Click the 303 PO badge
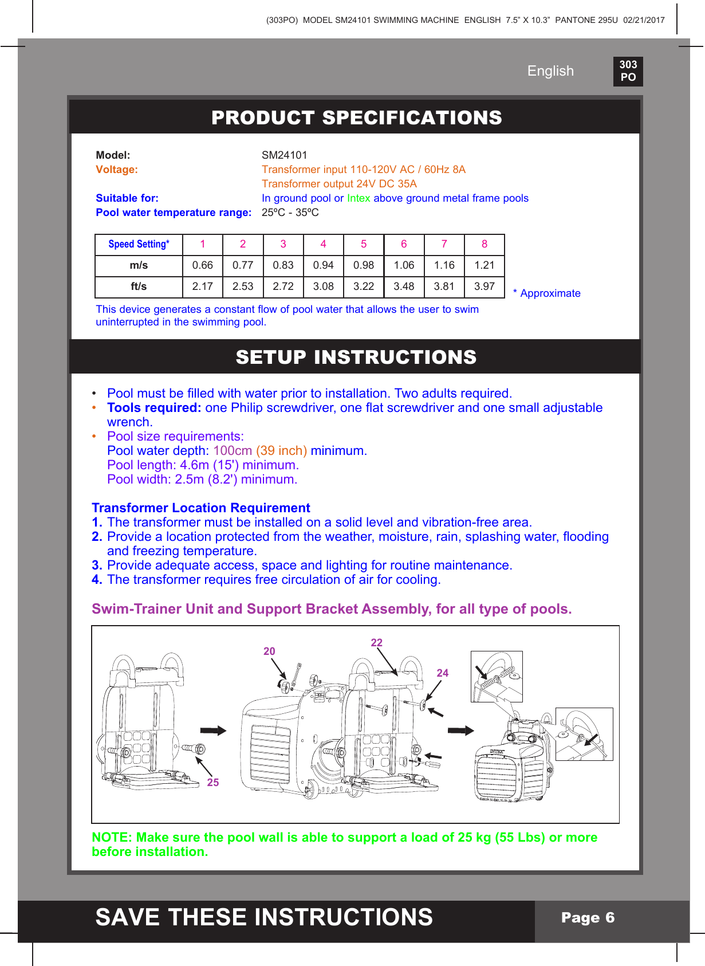(x=628, y=71)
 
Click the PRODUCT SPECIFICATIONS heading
(x=356, y=117)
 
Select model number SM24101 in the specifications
(x=284, y=155)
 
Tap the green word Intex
(x=359, y=198)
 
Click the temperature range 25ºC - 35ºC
(x=290, y=213)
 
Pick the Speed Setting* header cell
(x=139, y=244)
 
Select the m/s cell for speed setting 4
(x=323, y=265)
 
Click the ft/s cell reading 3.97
(x=484, y=286)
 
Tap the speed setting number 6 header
(x=404, y=244)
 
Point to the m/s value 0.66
(x=202, y=265)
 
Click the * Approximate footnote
(x=547, y=293)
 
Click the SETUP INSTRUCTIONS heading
(x=356, y=357)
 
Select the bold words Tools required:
(x=154, y=408)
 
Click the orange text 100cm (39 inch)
(x=260, y=451)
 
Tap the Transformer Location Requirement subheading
(x=201, y=508)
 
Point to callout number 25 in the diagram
(x=213, y=783)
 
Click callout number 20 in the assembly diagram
(x=269, y=651)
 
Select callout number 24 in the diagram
(x=443, y=673)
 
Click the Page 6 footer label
(x=588, y=918)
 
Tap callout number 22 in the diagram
(x=376, y=643)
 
